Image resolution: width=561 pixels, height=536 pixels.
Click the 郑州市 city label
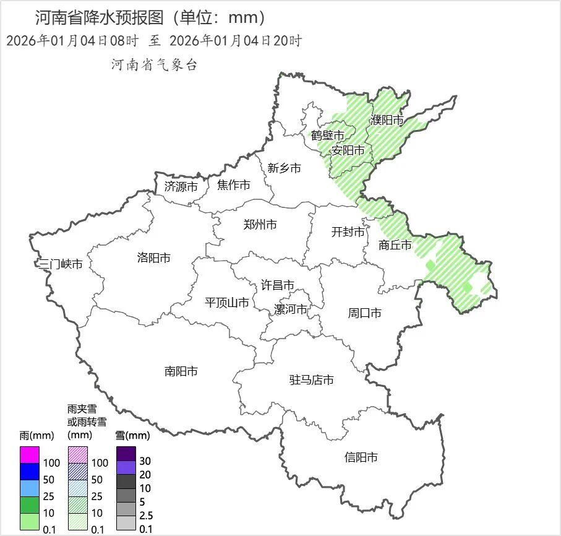point(260,225)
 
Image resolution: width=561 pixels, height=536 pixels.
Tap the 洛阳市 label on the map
point(153,258)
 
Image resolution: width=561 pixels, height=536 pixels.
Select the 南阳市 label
point(181,371)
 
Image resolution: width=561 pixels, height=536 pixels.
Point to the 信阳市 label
point(361,458)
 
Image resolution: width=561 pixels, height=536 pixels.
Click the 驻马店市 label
point(312,380)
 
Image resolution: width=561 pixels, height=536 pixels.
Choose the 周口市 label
point(364,313)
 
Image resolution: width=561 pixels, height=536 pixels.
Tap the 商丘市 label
point(395,245)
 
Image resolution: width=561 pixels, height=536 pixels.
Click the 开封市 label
point(348,232)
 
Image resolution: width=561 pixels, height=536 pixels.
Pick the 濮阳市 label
point(387,120)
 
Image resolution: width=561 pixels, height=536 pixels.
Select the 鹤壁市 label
point(328,136)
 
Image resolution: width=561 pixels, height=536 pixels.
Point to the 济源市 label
point(181,186)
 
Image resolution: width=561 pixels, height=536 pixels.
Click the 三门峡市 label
point(61,264)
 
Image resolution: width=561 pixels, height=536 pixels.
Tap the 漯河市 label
point(291,309)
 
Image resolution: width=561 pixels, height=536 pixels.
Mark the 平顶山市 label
point(227,303)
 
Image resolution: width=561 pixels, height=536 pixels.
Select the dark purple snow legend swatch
point(126,453)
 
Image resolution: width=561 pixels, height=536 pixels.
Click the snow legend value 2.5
point(146,516)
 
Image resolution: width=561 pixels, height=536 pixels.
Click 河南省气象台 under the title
point(154,65)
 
